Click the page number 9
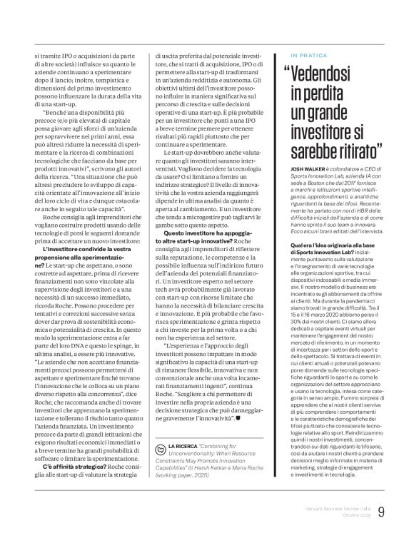pos(401,510)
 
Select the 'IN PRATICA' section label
pos(308,54)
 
